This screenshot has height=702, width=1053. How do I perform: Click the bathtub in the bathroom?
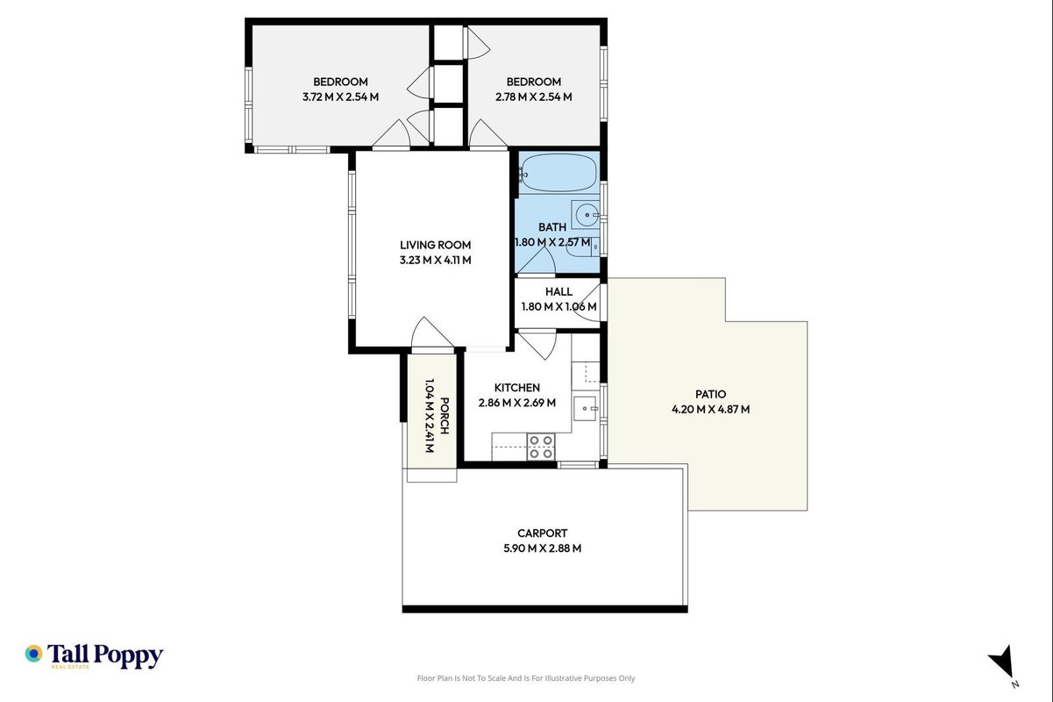click(x=559, y=173)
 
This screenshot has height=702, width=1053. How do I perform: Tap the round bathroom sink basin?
click(x=587, y=215)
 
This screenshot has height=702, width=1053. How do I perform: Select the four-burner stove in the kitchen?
click(x=541, y=447)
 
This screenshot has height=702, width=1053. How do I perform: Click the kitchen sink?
click(x=586, y=408)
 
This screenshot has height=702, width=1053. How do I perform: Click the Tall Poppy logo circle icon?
click(x=33, y=654)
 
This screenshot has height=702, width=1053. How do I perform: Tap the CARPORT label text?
click(x=542, y=534)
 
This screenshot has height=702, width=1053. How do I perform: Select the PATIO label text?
click(x=710, y=394)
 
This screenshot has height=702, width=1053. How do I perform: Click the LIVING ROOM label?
click(x=435, y=245)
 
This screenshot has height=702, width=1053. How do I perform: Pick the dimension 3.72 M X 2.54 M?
click(x=340, y=97)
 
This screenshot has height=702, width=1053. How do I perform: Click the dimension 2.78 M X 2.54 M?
click(x=534, y=97)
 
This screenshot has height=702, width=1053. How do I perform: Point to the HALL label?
click(x=559, y=291)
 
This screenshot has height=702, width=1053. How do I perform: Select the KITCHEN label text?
click(x=517, y=388)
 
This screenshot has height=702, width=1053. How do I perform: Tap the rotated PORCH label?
click(x=445, y=416)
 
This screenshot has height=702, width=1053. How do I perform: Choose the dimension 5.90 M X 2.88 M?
click(x=542, y=548)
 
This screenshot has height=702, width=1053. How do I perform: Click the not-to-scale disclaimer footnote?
click(x=526, y=678)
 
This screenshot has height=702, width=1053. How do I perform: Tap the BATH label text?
click(x=552, y=227)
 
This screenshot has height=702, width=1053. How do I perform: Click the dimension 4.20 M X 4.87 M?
click(x=710, y=409)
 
